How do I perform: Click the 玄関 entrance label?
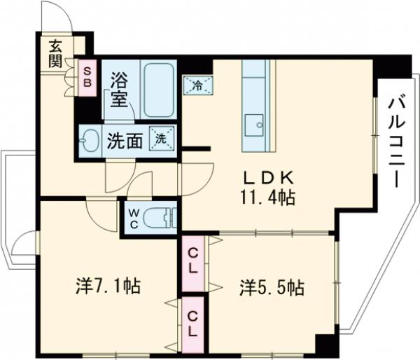point(55,52)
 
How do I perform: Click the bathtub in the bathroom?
point(161,90)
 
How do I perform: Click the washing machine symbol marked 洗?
point(161,138)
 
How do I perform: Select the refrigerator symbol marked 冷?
point(197,87)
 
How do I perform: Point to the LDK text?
point(263,176)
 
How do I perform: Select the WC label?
point(133,219)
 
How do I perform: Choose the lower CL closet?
point(193,324)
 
